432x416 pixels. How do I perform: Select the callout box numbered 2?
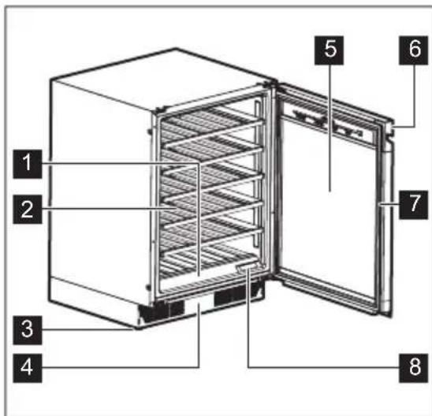28,210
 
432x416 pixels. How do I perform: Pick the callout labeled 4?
28,366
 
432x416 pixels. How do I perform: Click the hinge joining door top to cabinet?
272,85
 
